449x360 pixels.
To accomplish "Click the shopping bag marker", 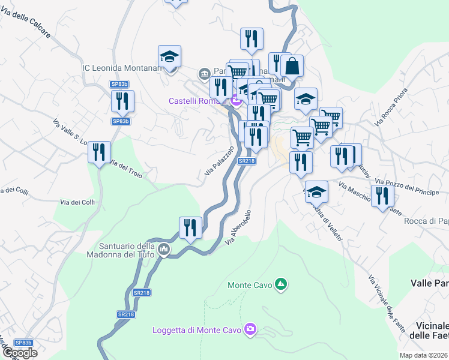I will coord(292,66).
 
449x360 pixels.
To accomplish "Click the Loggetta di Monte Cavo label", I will coord(196,330).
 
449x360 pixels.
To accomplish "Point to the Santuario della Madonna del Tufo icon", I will coord(164,248).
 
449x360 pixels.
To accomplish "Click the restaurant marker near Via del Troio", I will coord(99,152).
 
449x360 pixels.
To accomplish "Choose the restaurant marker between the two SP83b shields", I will coord(122,101).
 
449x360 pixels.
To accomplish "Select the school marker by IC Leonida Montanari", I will coord(170,57).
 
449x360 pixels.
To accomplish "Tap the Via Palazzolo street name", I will coord(218,160).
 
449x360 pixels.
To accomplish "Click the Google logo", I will coord(20,353).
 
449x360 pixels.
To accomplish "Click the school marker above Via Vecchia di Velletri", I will coord(316,192).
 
